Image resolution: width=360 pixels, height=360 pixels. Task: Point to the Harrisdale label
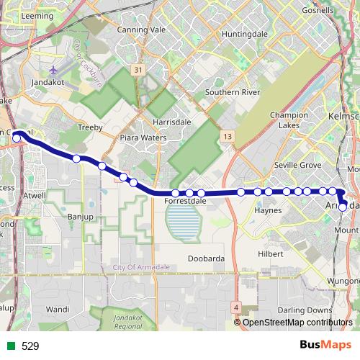coord(172,122)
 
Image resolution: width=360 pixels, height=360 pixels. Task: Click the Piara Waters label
coord(143,138)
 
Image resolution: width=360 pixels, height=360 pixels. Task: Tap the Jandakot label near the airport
coord(49,83)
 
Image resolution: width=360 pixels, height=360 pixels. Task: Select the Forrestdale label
coord(186,202)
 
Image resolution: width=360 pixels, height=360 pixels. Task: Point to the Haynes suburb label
coord(267,211)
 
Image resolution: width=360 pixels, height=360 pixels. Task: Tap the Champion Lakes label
coord(289,120)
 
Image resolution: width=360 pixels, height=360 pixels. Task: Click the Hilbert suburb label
coord(271,254)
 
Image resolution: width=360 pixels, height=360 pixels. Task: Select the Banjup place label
coord(81,216)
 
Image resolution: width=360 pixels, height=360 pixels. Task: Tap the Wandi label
coord(57,309)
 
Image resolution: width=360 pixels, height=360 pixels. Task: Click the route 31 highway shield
coord(138,70)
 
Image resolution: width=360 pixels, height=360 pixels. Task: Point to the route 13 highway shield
coord(228,136)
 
